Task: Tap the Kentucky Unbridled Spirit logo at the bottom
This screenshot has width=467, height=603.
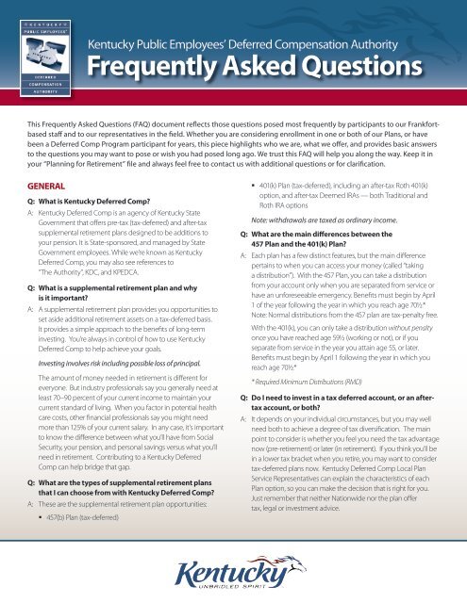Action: [233, 571]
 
